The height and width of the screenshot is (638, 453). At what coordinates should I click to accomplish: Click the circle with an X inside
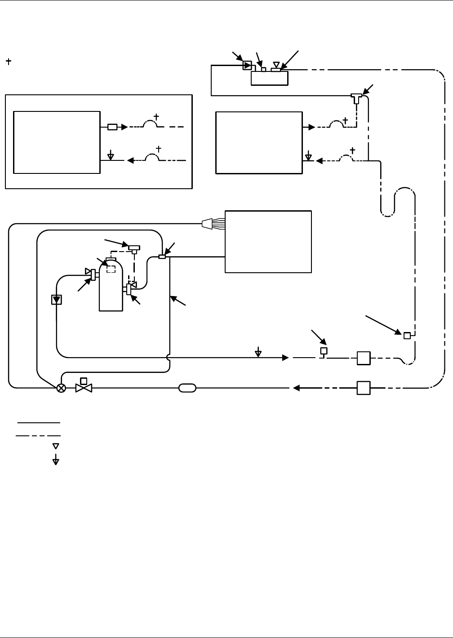[61, 388]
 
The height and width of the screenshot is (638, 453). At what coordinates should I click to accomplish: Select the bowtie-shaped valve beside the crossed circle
[84, 388]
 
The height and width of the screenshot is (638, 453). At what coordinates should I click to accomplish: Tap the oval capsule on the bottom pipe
[187, 388]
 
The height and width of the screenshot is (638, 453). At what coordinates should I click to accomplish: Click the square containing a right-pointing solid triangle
[247, 66]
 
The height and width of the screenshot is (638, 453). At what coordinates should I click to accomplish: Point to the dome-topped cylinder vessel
[111, 288]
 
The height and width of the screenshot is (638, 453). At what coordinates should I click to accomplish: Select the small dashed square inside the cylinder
[111, 269]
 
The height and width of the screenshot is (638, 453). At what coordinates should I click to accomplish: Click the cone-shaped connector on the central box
[208, 223]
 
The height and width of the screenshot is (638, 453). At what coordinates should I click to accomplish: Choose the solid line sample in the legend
[39, 423]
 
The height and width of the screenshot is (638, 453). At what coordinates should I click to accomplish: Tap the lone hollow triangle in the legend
[56, 446]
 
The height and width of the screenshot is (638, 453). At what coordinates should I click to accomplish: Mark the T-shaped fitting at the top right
[356, 97]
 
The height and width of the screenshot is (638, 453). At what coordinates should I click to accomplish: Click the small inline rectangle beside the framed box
[112, 127]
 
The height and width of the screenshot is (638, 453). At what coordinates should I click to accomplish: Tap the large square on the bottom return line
[364, 388]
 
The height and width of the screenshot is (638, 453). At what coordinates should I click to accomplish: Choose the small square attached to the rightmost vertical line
[407, 336]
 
